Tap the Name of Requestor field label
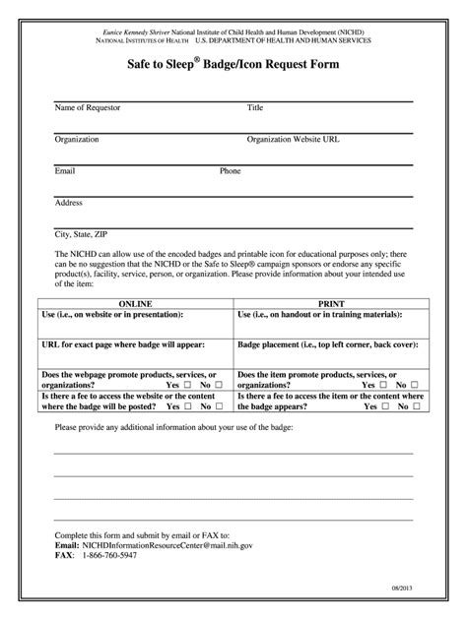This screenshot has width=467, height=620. [88, 107]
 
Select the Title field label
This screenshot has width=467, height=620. [255, 107]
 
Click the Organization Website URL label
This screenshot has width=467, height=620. [294, 140]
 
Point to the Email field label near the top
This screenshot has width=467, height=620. [65, 170]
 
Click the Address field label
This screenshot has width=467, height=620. [69, 203]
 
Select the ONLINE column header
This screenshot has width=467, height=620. [135, 304]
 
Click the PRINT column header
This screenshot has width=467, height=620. [329, 304]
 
